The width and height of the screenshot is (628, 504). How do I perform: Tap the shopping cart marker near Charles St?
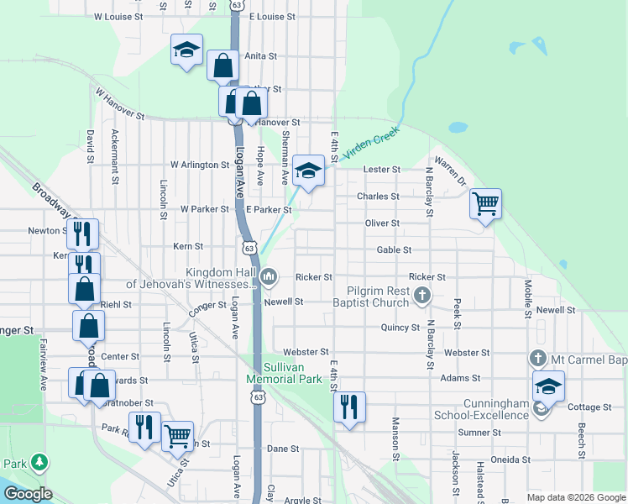click(x=485, y=203)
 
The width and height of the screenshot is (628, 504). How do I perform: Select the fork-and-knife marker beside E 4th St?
click(x=349, y=407)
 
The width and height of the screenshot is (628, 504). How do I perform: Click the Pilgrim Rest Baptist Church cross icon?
click(x=422, y=295)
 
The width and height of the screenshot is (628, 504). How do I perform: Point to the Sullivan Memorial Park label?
click(x=284, y=373)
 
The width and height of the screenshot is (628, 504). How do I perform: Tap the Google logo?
click(x=28, y=493)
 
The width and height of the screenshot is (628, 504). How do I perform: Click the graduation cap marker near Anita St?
click(x=186, y=50)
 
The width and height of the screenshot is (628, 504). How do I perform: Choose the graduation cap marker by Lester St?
click(x=308, y=171)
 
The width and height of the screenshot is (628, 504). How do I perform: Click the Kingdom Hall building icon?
click(x=270, y=276)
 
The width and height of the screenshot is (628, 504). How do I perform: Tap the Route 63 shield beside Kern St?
click(x=249, y=247)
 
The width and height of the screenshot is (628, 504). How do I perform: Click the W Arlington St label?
click(x=200, y=165)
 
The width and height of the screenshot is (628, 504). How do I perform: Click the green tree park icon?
click(x=39, y=463)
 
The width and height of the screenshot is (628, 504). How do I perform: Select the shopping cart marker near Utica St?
click(x=177, y=436)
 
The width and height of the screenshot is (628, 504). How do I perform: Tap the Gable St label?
click(x=394, y=249)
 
